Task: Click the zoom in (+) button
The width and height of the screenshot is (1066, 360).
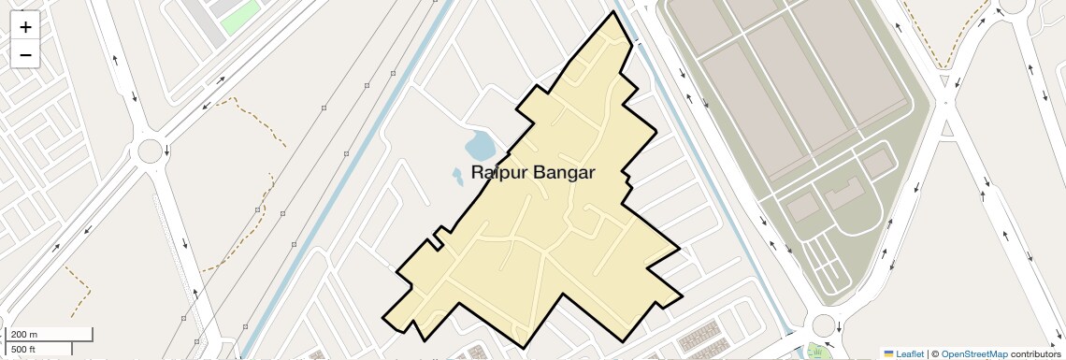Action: [x=25, y=27]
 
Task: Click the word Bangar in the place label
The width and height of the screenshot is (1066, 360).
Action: [x=564, y=173]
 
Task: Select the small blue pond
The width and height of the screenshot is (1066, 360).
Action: [x=481, y=146]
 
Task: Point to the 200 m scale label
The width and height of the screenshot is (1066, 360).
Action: [x=25, y=335]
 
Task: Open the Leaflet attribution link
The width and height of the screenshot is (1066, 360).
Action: [x=910, y=353]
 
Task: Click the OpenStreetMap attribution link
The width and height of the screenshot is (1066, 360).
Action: [x=974, y=353]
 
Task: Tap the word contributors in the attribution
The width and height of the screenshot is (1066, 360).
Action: [x=1035, y=353]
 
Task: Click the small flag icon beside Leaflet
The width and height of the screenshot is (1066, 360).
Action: [x=889, y=353]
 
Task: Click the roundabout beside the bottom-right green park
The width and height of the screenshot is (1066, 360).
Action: [x=824, y=325]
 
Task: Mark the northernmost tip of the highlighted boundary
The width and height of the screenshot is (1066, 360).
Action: [x=614, y=11]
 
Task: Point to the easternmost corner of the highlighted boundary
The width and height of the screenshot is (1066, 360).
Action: [x=680, y=251]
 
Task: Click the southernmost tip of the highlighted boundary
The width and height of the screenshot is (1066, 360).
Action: [x=525, y=348]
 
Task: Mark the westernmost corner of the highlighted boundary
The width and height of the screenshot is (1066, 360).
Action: [x=382, y=318]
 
